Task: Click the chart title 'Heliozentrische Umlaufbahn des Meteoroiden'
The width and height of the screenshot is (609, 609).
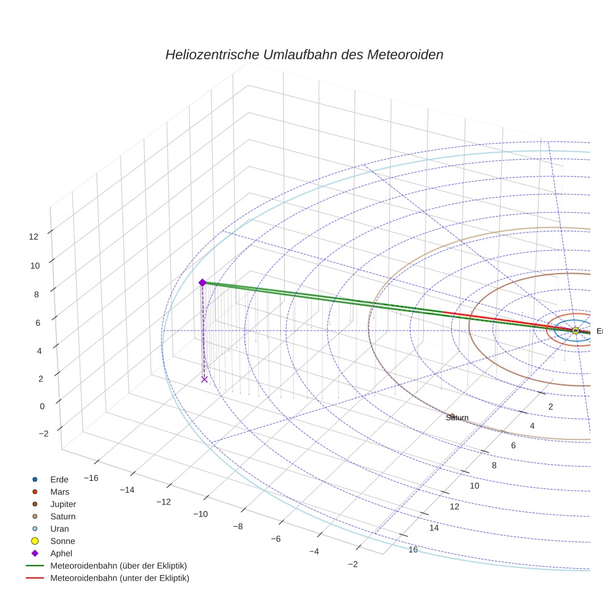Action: [x=304, y=54]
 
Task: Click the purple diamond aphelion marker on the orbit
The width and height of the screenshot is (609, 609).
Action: [x=202, y=282]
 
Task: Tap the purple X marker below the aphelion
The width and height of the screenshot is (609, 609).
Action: [x=204, y=379]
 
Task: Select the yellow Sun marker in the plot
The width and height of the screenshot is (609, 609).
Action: [x=575, y=330]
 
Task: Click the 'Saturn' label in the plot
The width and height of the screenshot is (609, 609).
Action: [x=457, y=418]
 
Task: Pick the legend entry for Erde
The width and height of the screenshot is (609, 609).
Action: [x=59, y=479]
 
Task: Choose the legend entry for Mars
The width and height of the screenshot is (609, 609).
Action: [x=59, y=491]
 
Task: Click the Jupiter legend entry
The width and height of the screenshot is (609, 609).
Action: [x=63, y=504]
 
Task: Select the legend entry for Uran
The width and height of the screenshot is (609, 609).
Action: [x=59, y=529]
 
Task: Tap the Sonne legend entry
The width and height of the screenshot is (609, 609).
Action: [x=63, y=541]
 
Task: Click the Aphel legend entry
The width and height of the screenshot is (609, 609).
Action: [x=61, y=553]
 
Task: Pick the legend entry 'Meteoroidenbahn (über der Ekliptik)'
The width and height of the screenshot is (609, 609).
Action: [x=118, y=566]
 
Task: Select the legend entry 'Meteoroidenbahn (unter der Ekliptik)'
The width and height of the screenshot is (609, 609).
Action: [x=119, y=578]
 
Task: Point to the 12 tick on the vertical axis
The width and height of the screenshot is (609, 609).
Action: [x=33, y=236]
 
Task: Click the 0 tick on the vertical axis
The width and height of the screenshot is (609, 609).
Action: [x=42, y=407]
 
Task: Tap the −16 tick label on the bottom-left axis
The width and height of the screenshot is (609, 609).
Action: [x=91, y=478]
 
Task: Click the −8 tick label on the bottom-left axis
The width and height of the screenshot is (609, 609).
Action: [x=238, y=526]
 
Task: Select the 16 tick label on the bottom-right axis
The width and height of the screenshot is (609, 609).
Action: [x=413, y=550]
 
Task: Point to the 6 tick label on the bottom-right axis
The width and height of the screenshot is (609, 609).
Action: [x=513, y=446]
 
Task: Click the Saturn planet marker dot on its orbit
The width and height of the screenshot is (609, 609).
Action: [x=452, y=416]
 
